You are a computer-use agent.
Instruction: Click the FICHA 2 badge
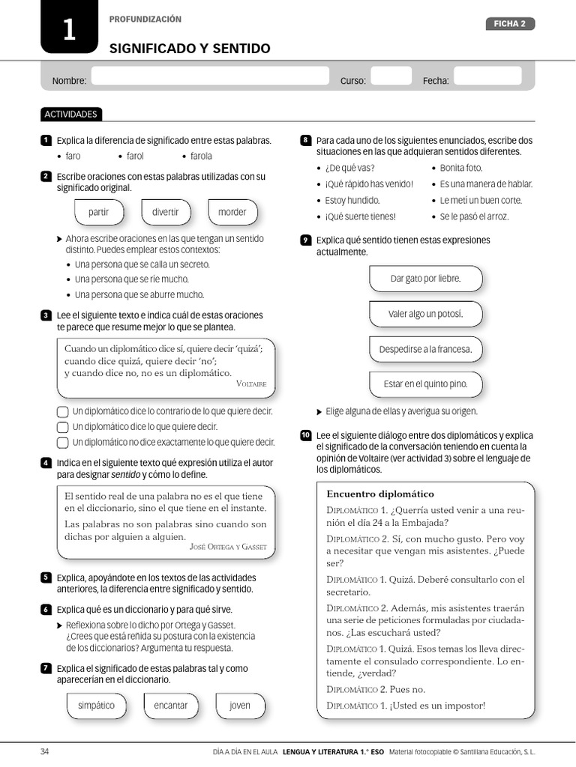pos(509,24)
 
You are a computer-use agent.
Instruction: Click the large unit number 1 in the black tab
pos(68,31)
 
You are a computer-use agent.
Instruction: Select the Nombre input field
pos(210,76)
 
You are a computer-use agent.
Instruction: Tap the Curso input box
pos(391,76)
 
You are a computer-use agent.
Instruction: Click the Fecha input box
pos(487,76)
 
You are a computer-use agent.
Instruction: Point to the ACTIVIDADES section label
pos(71,115)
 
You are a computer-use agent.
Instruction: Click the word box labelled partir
pos(98,212)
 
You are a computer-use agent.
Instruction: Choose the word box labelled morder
pos(232,212)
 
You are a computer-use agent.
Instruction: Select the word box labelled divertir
pos(165,212)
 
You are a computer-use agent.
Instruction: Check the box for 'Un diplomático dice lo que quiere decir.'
pos(63,427)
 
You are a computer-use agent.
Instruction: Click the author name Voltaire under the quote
pos(250,383)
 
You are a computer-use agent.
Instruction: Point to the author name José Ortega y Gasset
pos(228,547)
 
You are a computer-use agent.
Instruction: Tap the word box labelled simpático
pos(96,706)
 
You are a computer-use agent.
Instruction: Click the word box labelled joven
pos(240,706)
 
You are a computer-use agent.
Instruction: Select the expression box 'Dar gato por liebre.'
pos(425,279)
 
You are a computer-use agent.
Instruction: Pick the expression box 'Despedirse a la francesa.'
pos(425,349)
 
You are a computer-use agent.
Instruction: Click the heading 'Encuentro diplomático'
pos(380,494)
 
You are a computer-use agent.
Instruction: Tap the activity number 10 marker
pos(305,435)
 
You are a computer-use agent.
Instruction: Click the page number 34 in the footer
pos(44,751)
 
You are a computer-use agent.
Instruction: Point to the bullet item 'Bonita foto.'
pos(460,168)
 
